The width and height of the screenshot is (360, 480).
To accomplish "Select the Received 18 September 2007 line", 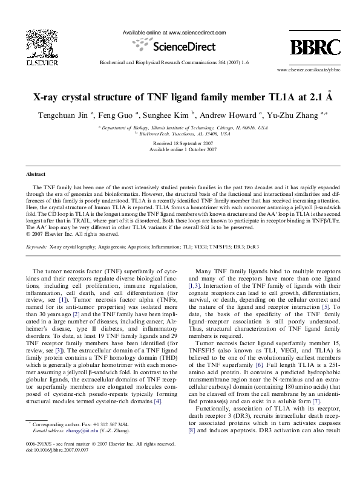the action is [x=180, y=143].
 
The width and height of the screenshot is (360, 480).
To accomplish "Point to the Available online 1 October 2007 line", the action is [x=180, y=149].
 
